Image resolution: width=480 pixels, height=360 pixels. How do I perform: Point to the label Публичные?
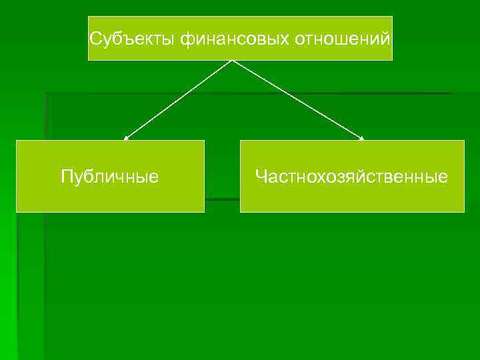pyautogui.click(x=110, y=177)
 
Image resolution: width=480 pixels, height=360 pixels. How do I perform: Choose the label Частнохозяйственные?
pyautogui.click(x=352, y=177)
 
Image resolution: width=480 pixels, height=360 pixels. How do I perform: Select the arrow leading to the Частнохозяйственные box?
pyautogui.click(x=297, y=100)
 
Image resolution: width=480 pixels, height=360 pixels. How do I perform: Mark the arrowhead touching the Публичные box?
pyautogui.click(x=125, y=138)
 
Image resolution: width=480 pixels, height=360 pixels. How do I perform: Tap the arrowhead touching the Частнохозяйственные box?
pyautogui.click(x=362, y=138)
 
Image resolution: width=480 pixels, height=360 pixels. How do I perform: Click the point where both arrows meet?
pyautogui.click(x=231, y=61)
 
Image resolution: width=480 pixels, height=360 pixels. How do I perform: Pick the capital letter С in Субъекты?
pyautogui.click(x=95, y=38)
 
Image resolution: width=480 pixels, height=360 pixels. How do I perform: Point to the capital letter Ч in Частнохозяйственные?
pyautogui.click(x=261, y=177)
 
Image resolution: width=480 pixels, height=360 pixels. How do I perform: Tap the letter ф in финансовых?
pyautogui.click(x=185, y=39)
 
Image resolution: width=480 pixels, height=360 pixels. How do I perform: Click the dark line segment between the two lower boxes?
pyautogui.click(x=222, y=199)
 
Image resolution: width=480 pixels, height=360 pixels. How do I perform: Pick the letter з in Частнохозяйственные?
pyautogui.click(x=322, y=178)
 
